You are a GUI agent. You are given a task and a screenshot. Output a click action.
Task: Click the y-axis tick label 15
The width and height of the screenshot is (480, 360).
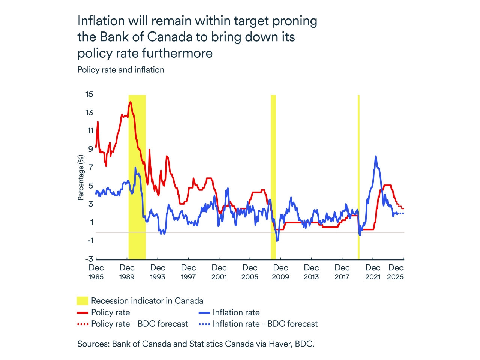tap(89, 94)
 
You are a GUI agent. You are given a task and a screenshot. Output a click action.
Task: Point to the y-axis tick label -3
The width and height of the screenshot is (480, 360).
tap(89, 259)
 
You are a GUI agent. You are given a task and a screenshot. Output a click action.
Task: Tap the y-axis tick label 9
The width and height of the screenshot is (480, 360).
tap(90, 149)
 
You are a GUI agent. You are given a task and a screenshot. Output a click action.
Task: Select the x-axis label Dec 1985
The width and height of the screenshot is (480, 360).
tap(96, 272)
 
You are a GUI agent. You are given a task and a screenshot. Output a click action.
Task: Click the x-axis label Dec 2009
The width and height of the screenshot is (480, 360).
tap(280, 272)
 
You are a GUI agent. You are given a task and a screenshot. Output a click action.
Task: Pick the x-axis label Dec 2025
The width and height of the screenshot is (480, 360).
tap(395, 272)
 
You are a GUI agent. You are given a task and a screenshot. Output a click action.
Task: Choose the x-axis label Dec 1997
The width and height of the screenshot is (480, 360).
tap(188, 272)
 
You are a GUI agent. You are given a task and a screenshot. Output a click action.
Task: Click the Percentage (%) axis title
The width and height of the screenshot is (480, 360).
tap(81, 178)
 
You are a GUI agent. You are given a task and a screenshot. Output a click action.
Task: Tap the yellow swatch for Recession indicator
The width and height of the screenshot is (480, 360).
tap(82, 301)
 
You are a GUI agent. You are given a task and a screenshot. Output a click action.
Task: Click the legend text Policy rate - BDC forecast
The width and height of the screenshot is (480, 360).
tap(139, 324)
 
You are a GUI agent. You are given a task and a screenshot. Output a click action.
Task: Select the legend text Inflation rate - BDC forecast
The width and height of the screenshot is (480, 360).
tap(265, 324)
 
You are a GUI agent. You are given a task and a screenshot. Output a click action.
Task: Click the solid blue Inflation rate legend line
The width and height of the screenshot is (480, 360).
tap(204, 312)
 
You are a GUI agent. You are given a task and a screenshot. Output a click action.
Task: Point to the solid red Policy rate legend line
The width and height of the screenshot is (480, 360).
tap(82, 312)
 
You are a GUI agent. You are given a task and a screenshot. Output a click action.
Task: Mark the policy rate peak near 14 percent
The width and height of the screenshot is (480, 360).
tap(130, 102)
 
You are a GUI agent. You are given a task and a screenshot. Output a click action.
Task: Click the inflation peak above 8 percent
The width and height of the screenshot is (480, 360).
tap(376, 156)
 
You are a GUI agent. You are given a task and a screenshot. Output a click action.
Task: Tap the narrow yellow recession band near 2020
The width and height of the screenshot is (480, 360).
tap(359, 176)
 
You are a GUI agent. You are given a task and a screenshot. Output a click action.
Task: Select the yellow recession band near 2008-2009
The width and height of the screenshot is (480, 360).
tap(273, 176)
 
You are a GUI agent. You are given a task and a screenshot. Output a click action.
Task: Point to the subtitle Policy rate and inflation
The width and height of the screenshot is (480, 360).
tap(121, 70)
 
